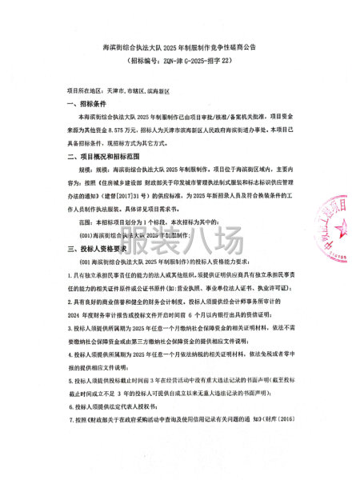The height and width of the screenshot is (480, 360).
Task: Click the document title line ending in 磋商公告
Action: [x=179, y=48]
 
